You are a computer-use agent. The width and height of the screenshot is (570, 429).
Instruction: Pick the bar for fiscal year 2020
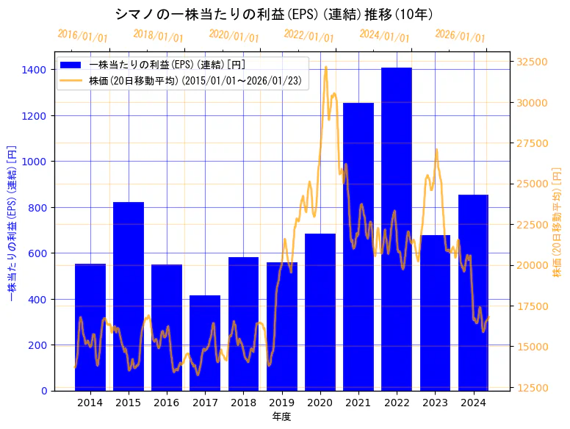click(320, 311)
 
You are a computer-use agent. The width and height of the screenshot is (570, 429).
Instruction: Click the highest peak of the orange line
click(325, 68)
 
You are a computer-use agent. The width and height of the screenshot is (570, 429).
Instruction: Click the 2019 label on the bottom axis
click(281, 403)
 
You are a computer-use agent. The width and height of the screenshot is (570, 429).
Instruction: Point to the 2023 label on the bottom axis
click(435, 403)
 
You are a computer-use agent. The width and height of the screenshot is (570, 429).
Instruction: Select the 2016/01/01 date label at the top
click(82, 36)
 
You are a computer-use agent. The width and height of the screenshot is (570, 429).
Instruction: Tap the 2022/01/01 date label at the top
click(309, 36)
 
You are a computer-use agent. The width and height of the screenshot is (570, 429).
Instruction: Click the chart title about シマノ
click(274, 14)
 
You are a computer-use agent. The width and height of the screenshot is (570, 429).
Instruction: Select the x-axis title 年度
click(281, 417)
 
